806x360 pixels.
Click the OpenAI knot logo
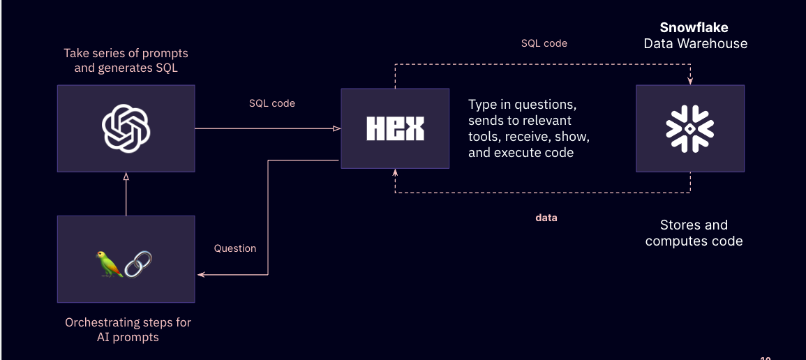126,128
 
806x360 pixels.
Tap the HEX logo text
395,128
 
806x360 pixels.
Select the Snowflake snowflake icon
689,128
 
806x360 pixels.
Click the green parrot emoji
109,264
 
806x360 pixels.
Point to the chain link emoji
138,264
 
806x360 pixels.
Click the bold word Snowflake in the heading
694,28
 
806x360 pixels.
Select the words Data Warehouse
695,43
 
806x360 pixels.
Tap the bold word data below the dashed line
546,218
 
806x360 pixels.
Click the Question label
235,248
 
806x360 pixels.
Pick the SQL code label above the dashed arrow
544,43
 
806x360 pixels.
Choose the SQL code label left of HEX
272,103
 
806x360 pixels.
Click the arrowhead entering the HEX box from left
336,128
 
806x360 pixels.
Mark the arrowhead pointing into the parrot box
200,276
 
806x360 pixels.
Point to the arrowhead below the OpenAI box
126,177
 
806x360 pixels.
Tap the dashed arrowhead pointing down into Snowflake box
690,82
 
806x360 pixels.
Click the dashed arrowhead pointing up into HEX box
395,172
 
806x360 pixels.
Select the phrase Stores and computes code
694,233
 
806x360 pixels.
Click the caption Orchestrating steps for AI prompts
128,330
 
